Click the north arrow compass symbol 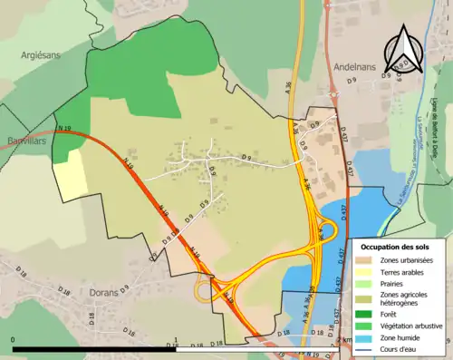point(404,50)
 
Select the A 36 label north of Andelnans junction point(289,88)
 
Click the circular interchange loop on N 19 point(206,290)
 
